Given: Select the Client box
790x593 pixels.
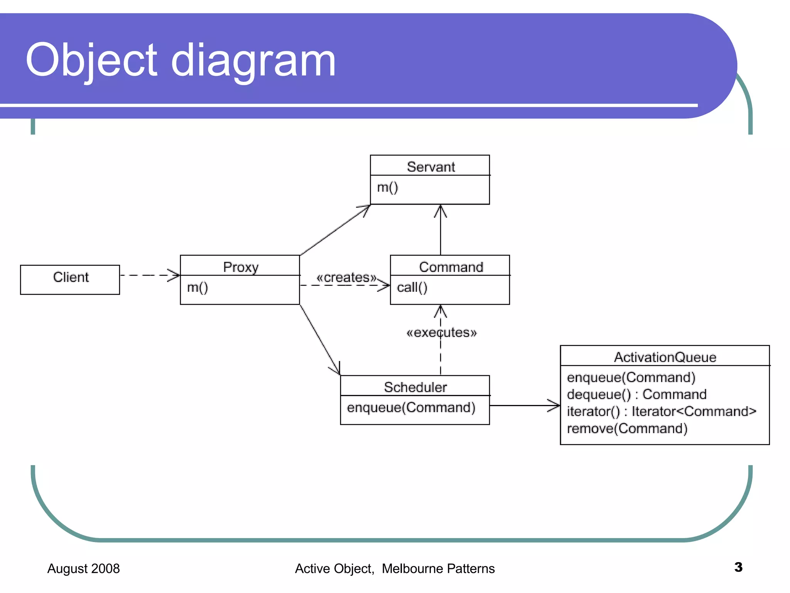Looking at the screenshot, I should [x=70, y=279].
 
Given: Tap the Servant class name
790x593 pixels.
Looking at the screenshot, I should [x=430, y=167].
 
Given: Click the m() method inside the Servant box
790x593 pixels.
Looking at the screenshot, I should [x=387, y=188].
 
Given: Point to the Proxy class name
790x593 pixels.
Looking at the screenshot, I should [x=241, y=267].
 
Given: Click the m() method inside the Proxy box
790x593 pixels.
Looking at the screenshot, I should [x=197, y=288].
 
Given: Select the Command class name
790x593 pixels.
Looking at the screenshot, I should [x=451, y=267].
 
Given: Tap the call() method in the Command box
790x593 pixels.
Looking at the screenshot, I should [x=412, y=288].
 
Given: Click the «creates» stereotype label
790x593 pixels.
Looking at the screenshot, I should [x=346, y=277].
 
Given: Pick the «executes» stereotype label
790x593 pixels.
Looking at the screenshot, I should [x=441, y=332].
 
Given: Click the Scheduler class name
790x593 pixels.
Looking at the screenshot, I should [x=415, y=387].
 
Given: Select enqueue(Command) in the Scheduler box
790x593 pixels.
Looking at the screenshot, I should [x=411, y=408].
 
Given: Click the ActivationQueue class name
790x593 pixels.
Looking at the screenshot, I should [x=665, y=357].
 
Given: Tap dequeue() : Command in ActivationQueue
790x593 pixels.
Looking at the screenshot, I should [x=636, y=394].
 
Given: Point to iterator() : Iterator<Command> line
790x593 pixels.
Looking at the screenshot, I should [x=661, y=412].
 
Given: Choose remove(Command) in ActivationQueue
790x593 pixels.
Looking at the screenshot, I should [x=627, y=429].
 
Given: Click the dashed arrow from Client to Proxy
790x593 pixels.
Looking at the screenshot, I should [x=149, y=275].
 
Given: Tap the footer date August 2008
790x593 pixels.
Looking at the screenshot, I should [x=83, y=568].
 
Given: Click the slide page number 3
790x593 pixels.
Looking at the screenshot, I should [x=738, y=567].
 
